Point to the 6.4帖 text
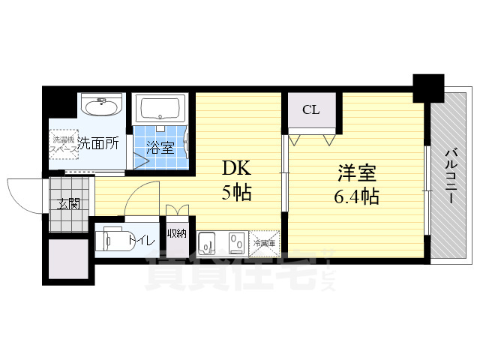[x=356, y=197]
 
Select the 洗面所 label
[x=99, y=142]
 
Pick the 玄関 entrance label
[x=69, y=203]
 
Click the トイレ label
[x=142, y=240]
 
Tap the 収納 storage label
[x=177, y=234]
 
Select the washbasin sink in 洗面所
[x=99, y=107]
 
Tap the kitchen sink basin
[x=208, y=243]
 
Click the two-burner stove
[x=236, y=243]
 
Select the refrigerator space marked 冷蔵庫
[x=264, y=242]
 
